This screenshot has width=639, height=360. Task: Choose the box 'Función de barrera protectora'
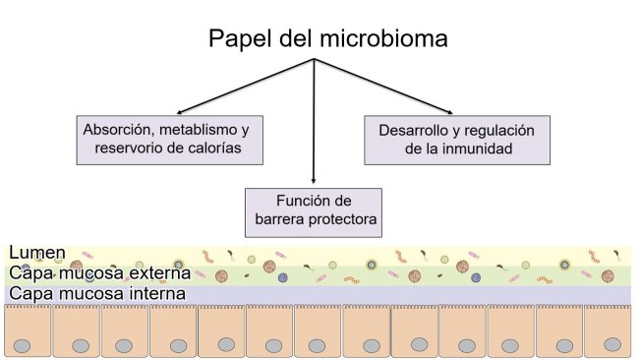tap(314, 210)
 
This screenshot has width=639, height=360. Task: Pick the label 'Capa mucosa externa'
tap(98, 274)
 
